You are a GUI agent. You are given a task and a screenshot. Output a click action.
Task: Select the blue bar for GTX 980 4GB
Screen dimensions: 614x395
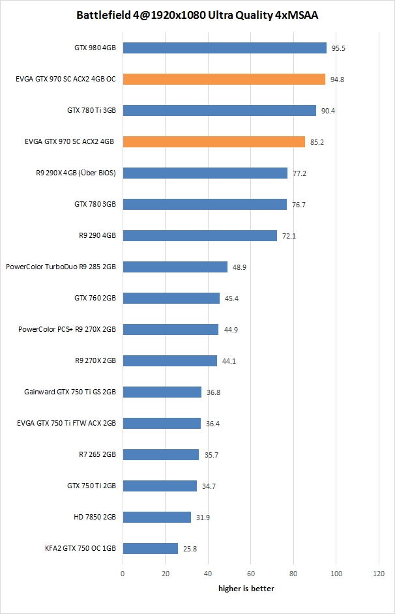(x=224, y=48)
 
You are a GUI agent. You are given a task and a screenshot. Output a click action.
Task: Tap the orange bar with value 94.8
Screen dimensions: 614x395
(x=224, y=79)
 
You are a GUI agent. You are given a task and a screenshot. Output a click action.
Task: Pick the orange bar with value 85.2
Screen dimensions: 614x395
(x=214, y=141)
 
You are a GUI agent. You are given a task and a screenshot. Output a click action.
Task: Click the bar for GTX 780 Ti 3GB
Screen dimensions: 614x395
(x=219, y=110)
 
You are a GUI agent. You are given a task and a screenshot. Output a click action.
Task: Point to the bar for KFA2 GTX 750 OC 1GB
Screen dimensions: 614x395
(x=150, y=548)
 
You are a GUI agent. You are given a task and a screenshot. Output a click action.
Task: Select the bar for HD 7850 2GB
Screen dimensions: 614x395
(x=156, y=517)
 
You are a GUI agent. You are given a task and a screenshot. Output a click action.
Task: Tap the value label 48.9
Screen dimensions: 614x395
(x=239, y=267)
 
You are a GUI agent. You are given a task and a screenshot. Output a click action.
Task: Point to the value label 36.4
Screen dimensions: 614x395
(x=212, y=424)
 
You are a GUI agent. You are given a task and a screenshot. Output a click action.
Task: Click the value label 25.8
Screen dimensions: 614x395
(x=190, y=549)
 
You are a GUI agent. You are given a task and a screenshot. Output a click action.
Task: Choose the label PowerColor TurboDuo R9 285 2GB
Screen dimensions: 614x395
(x=61, y=267)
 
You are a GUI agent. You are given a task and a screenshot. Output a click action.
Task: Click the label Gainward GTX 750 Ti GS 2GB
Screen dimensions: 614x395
(x=70, y=392)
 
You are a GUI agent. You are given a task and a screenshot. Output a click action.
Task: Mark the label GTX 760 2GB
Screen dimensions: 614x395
(x=95, y=298)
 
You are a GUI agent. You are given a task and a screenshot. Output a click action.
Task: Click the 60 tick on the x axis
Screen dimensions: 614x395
(x=251, y=574)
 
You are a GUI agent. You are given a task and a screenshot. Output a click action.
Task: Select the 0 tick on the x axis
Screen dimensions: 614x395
(x=123, y=574)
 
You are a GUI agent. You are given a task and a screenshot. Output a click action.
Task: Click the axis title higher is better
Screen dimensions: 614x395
(x=246, y=589)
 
